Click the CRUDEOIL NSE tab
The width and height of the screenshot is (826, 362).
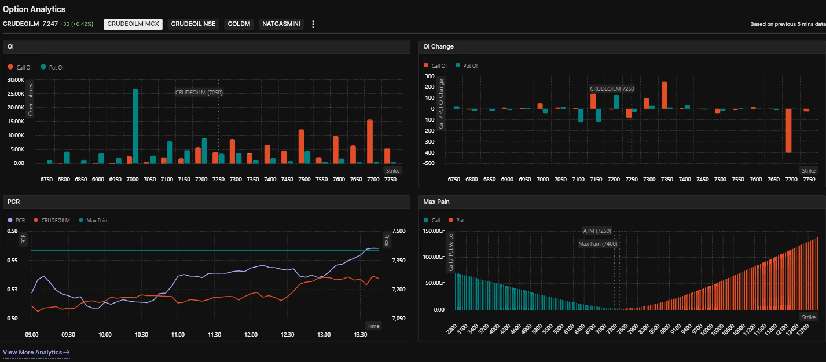click(193, 24)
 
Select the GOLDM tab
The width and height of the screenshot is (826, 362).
click(239, 24)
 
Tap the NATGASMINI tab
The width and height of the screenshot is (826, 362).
click(281, 24)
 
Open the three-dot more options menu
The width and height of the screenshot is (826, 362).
click(313, 24)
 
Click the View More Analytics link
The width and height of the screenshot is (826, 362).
click(36, 352)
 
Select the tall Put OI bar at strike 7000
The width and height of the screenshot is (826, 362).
click(135, 126)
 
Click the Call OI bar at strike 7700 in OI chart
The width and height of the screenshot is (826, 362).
click(370, 142)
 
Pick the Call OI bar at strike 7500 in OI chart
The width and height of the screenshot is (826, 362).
click(301, 147)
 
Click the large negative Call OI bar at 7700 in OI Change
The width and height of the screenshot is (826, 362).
click(789, 131)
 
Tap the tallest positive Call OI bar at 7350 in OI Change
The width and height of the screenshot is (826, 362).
click(664, 95)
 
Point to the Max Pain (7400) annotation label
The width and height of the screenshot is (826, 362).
click(598, 243)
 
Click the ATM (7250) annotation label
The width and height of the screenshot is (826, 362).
click(597, 231)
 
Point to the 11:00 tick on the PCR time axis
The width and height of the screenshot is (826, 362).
click(178, 335)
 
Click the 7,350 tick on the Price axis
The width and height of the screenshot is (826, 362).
click(399, 261)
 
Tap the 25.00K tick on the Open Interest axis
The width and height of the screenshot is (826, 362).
click(16, 94)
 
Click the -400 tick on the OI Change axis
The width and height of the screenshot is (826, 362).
click(428, 153)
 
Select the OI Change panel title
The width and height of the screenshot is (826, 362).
click(438, 46)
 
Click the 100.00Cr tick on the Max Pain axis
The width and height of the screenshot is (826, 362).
click(434, 257)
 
